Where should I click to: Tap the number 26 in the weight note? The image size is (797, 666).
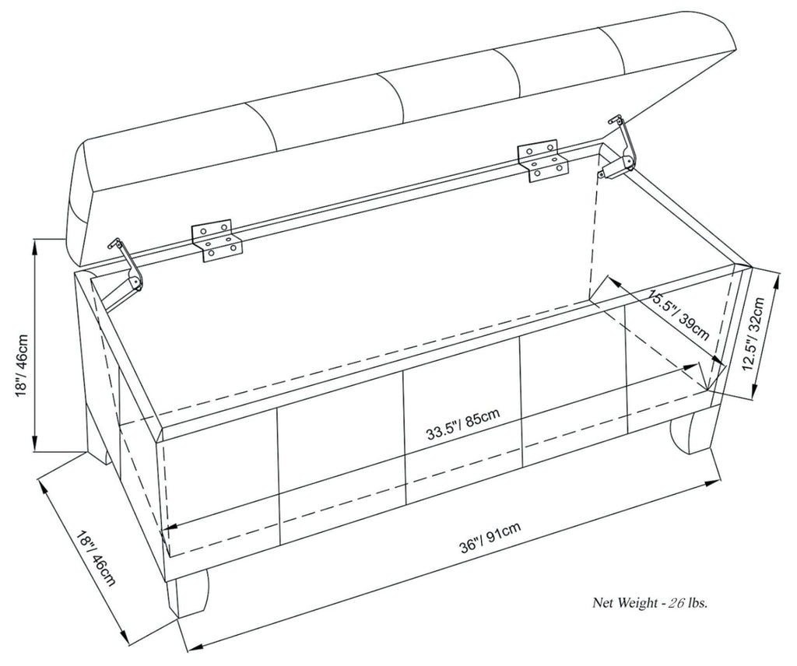coord(677,601)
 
